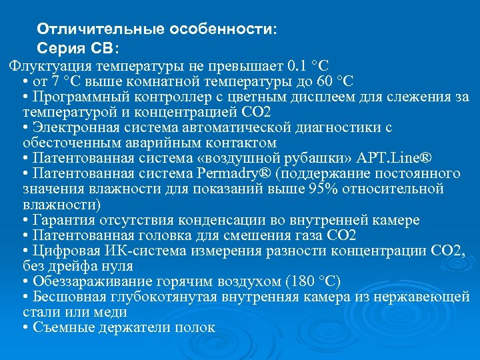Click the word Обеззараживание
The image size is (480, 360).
pos(85,281)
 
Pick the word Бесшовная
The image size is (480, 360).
pos(64,297)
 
